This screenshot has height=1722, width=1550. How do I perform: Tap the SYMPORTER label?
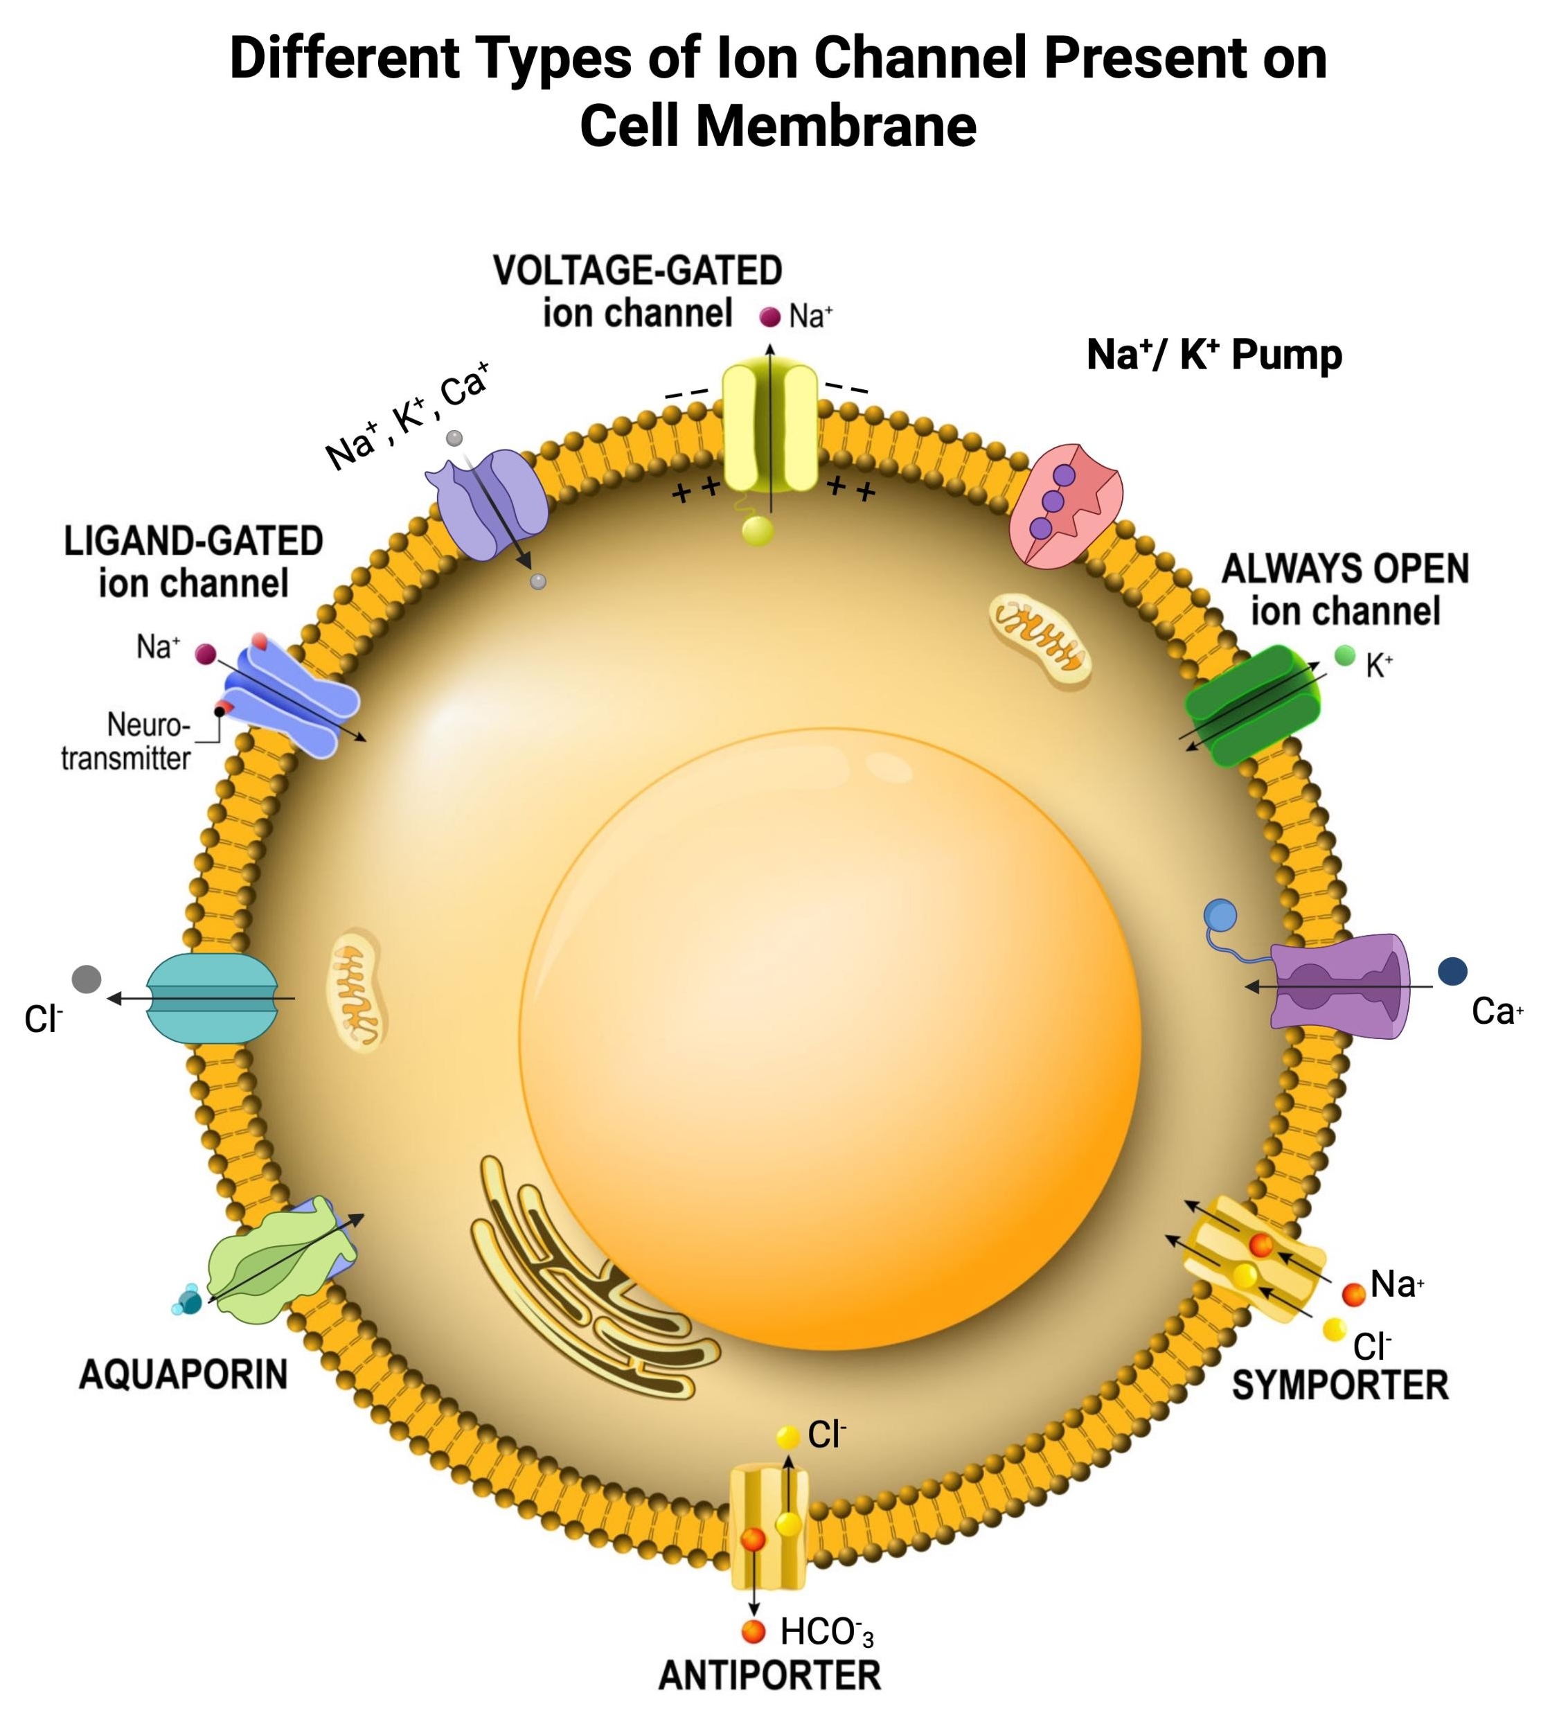click(1339, 1385)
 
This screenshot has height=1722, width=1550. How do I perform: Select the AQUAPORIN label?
click(183, 1374)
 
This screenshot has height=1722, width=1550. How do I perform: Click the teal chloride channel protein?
click(212, 998)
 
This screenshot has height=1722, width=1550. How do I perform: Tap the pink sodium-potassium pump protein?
click(1064, 504)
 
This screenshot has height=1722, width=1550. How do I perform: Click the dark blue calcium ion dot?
click(1452, 971)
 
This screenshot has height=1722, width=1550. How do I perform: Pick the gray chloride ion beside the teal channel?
click(87, 979)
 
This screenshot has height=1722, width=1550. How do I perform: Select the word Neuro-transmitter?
click(126, 741)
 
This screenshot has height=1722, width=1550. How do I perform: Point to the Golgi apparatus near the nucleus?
click(579, 1277)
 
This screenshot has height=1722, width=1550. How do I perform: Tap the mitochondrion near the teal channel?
click(356, 990)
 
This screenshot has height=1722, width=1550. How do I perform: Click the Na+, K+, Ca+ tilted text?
click(407, 416)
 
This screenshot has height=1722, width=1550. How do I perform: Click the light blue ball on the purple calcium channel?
click(1220, 916)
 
